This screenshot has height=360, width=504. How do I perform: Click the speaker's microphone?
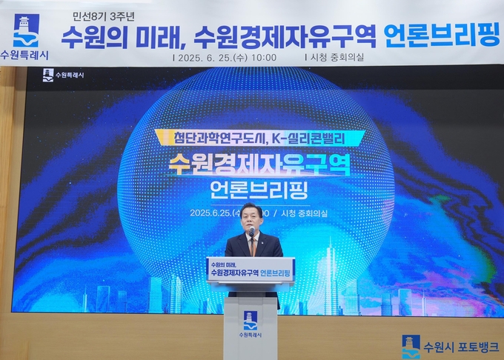[252, 231]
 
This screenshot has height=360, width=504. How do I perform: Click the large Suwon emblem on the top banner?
[26, 30]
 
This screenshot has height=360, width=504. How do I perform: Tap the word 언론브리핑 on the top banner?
[442, 36]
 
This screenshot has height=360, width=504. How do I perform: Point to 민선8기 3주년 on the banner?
[103, 17]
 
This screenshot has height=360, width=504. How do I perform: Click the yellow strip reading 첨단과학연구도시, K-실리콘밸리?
[259, 138]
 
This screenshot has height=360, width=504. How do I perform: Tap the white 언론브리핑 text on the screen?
[259, 190]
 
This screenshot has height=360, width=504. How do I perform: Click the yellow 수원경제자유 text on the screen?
[236, 164]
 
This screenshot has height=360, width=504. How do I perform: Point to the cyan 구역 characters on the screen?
[327, 164]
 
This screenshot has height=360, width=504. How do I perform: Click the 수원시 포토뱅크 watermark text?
[460, 347]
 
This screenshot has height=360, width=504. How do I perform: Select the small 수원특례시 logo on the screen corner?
[63, 75]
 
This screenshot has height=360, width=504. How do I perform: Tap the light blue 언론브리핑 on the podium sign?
[275, 273]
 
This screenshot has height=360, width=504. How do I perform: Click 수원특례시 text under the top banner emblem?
[24, 55]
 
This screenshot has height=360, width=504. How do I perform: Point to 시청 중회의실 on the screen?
[304, 213]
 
